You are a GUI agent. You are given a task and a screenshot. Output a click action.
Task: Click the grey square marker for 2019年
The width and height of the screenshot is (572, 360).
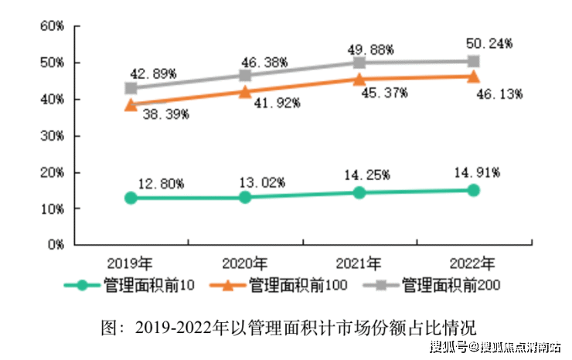pyautogui.click(x=131, y=88)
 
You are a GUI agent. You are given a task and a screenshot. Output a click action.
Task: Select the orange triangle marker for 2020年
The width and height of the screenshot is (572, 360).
pyautogui.click(x=245, y=92)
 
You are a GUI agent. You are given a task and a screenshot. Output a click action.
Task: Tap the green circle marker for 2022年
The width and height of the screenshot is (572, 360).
pyautogui.click(x=473, y=190)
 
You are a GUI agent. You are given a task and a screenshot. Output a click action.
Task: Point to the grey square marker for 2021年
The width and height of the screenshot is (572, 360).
pyautogui.click(x=359, y=63)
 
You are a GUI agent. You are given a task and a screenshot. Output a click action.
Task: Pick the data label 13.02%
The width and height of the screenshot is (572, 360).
pyautogui.click(x=262, y=183)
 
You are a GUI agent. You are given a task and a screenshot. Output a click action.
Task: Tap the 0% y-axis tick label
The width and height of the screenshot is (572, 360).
pyautogui.click(x=54, y=245)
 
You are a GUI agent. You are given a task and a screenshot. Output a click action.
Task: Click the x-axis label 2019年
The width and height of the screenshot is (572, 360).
pyautogui.click(x=131, y=261)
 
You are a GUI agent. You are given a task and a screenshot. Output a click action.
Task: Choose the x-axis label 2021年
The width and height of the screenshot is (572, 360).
pyautogui.click(x=359, y=261)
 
